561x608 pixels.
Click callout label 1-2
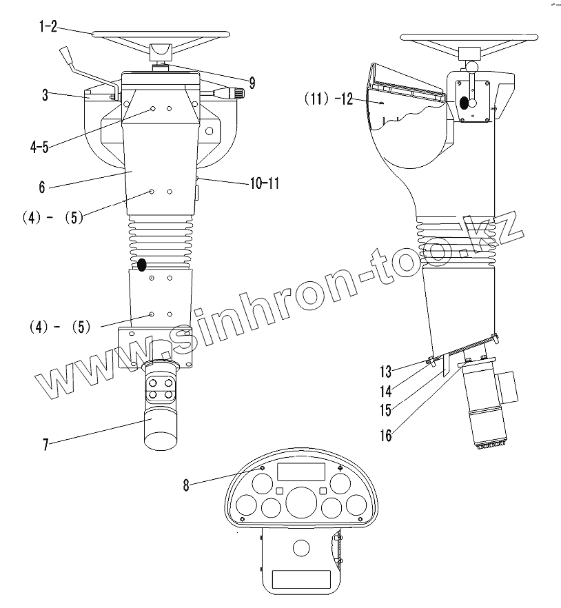pyautogui.click(x=48, y=28)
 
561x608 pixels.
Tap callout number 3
pyautogui.click(x=45, y=95)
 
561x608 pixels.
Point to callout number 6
pyautogui.click(x=42, y=186)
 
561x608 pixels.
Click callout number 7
pyautogui.click(x=45, y=445)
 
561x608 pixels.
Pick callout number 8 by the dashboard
pyautogui.click(x=186, y=485)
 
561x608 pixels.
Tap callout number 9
pyautogui.click(x=252, y=83)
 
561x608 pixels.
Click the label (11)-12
pyautogui.click(x=329, y=99)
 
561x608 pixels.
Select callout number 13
pyautogui.click(x=385, y=372)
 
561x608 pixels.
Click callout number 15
pyautogui.click(x=385, y=410)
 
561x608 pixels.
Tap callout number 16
pyautogui.click(x=385, y=435)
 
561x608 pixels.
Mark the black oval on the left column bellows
pyautogui.click(x=143, y=265)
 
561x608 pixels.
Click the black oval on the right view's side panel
pyautogui.click(x=464, y=103)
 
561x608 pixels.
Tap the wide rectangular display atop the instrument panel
pyautogui.click(x=300, y=472)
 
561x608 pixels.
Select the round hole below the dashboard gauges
pyautogui.click(x=301, y=548)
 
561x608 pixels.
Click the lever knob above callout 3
pyautogui.click(x=67, y=54)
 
